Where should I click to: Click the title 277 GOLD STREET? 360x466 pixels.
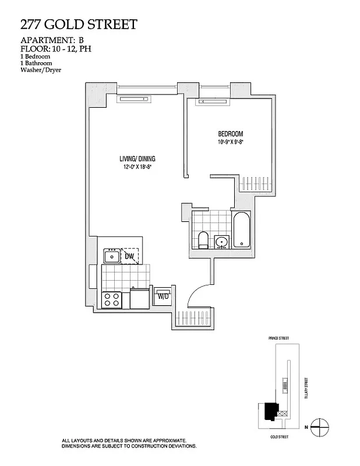pyautogui.click(x=79, y=24)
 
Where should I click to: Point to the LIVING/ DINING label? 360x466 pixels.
pyautogui.click(x=138, y=158)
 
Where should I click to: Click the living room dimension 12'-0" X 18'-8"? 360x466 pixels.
pyautogui.click(x=137, y=167)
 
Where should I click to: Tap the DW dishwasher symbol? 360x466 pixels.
pyautogui.click(x=130, y=256)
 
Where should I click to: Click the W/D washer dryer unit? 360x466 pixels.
pyautogui.click(x=161, y=296)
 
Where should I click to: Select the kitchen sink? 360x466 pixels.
pyautogui.click(x=111, y=256)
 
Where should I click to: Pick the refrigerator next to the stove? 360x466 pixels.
pyautogui.click(x=140, y=299)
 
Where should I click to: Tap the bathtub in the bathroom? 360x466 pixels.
pyautogui.click(x=242, y=231)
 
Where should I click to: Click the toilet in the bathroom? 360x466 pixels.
pyautogui.click(x=203, y=239)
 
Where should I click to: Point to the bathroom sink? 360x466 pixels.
pyautogui.click(x=221, y=242)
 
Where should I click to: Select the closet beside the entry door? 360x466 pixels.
pyautogui.click(x=195, y=318)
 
